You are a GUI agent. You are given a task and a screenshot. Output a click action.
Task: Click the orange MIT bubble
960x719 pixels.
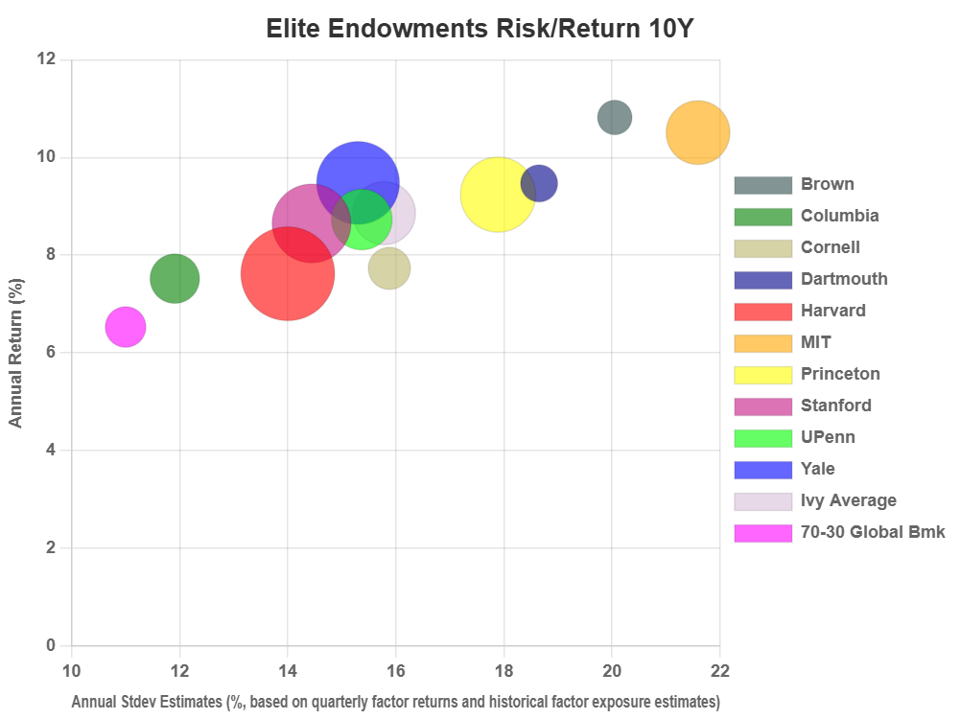point(697,132)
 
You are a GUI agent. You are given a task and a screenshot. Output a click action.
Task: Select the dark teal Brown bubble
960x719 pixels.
point(615,117)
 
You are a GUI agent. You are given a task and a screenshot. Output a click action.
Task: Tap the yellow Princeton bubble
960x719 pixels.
point(497,194)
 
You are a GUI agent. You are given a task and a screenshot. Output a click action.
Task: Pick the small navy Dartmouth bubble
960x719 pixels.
point(539,183)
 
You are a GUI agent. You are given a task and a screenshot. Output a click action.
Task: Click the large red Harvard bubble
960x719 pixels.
point(287,273)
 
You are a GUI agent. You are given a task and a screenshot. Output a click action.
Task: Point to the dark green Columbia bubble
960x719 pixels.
point(175,278)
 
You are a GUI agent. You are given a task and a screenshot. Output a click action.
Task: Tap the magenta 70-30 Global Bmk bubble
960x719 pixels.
point(126,327)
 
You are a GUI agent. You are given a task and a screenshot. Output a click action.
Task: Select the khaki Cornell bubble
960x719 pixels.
point(389,268)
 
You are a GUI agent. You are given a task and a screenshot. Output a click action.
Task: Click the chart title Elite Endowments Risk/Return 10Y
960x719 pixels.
point(480,29)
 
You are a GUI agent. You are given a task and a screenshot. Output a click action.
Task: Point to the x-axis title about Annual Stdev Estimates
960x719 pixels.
point(395,702)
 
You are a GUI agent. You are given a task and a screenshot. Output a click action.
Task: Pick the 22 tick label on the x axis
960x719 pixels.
point(719,669)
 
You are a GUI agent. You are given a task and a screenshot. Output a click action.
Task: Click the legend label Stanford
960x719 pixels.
point(836,406)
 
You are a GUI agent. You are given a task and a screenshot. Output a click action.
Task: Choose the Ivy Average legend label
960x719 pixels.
point(849,500)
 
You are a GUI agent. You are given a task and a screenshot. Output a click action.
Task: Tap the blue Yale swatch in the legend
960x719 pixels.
point(762,469)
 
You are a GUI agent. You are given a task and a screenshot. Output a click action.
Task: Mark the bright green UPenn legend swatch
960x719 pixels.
point(762,437)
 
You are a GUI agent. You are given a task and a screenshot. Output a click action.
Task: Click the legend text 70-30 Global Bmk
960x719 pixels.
point(873,532)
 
